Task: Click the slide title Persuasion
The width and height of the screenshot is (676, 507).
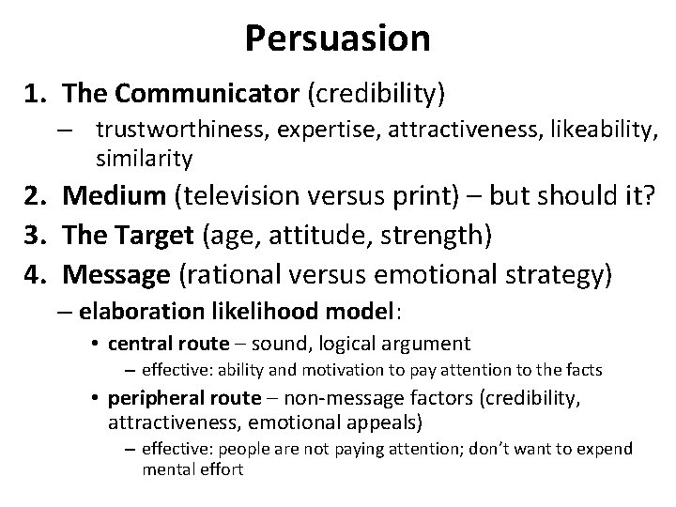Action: click(x=337, y=38)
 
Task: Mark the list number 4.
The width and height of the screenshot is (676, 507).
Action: click(x=37, y=275)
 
